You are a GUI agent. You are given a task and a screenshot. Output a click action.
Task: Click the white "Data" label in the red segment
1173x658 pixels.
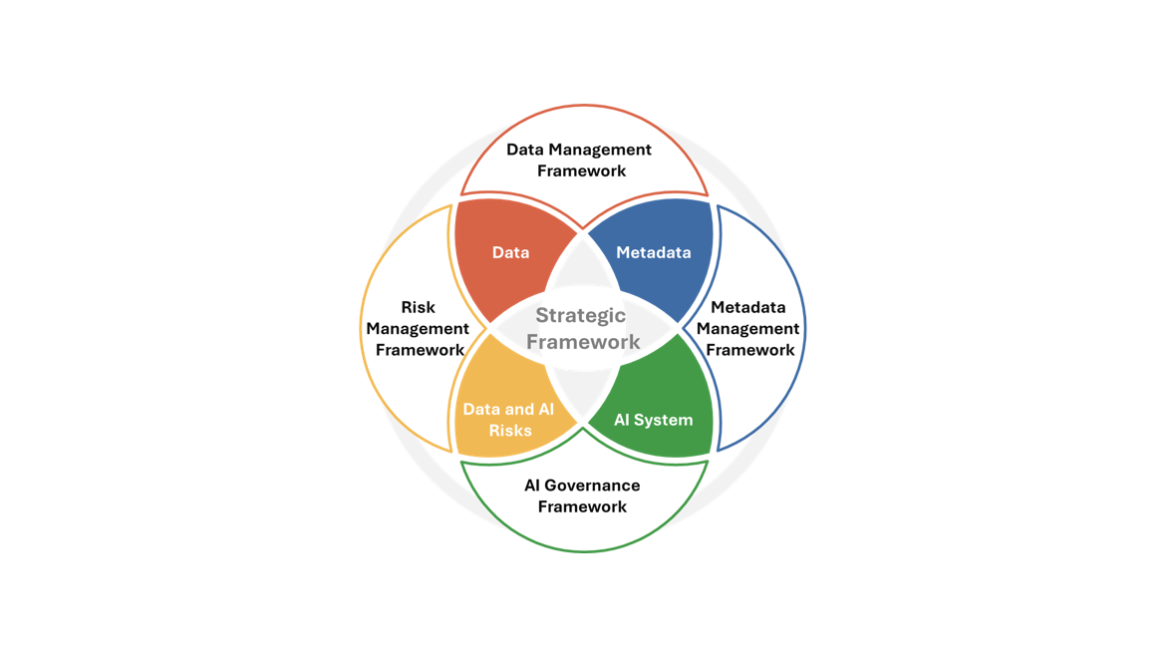pos(511,253)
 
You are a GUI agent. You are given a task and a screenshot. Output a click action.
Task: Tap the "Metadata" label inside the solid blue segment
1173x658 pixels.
pos(654,253)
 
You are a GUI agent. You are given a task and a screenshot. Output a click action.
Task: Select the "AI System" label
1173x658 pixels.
pos(654,420)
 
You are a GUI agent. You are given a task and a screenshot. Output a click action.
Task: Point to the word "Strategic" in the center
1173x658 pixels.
pos(580,316)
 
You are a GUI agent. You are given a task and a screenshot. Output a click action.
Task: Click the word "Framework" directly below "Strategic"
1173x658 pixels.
pos(583,342)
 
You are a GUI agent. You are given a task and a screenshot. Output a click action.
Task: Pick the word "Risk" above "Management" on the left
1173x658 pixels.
pos(419,308)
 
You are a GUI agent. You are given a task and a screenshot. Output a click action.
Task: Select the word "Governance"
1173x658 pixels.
pos(593,486)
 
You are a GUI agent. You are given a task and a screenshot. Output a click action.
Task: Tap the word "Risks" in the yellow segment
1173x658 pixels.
pos(511,431)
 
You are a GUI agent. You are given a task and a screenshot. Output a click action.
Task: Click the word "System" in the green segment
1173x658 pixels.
pos(665,420)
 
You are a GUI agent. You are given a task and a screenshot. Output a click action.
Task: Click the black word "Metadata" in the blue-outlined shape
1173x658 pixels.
pos(748,308)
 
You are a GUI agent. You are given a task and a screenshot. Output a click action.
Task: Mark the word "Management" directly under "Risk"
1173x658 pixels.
pos(418,329)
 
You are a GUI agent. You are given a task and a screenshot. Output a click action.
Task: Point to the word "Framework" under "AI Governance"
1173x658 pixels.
pos(583,506)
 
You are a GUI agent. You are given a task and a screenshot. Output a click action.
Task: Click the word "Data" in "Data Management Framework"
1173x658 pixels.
pos(525,150)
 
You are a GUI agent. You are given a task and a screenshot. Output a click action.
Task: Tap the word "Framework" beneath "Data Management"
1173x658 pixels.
pos(582,170)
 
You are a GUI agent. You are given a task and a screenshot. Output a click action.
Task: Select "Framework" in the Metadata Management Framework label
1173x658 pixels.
pos(750,350)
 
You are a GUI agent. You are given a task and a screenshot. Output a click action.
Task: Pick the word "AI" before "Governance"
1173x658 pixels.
pos(532,486)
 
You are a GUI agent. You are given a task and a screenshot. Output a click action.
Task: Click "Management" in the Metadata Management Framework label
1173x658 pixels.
pos(748,329)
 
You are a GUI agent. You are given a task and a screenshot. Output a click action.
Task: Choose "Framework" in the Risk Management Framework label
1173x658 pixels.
pos(420,350)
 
